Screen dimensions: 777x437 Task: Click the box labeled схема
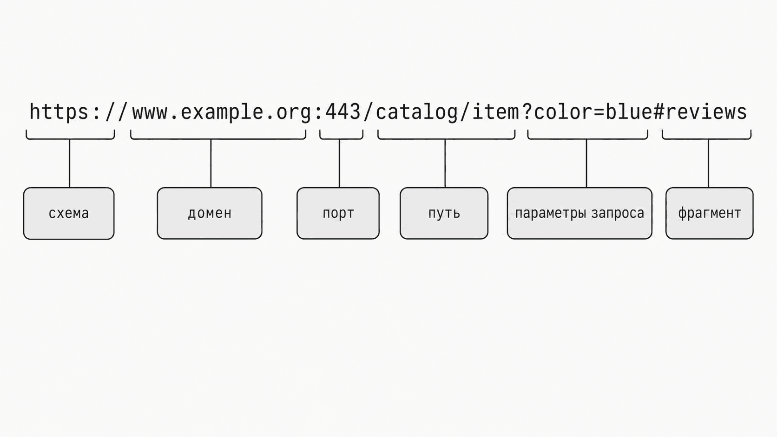coord(69,214)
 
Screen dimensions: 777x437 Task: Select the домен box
coord(210,214)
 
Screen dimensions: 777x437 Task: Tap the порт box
coord(338,214)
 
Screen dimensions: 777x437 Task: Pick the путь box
coord(444,214)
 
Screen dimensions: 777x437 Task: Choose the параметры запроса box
coord(579,214)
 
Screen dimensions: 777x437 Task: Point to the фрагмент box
coord(709,214)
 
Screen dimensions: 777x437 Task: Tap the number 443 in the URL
coord(343,111)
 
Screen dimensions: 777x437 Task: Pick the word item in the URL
coord(496,111)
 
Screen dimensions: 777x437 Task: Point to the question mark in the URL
coord(527,111)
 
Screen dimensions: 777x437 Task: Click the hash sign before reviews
coord(658,111)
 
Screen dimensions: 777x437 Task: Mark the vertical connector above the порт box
coord(339,163)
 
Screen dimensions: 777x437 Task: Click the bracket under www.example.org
coord(218,138)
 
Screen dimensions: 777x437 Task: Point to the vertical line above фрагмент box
coord(708,163)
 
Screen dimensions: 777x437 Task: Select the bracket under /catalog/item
coord(447,138)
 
